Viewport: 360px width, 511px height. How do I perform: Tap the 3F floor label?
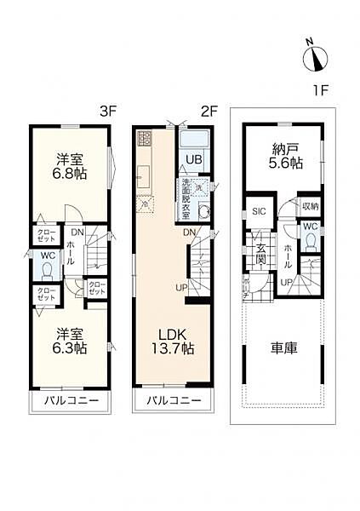(x=106, y=111)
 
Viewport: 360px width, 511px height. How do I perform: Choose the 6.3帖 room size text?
(x=68, y=348)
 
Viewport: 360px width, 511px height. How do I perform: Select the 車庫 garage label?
(x=284, y=348)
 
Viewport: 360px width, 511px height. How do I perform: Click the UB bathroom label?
(x=195, y=159)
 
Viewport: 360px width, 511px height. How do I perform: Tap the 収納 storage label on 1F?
(x=311, y=206)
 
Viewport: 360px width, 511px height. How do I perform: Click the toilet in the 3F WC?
(x=48, y=271)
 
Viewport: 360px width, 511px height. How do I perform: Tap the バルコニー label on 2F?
(x=173, y=400)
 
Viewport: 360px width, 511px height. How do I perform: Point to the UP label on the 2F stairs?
(x=181, y=287)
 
